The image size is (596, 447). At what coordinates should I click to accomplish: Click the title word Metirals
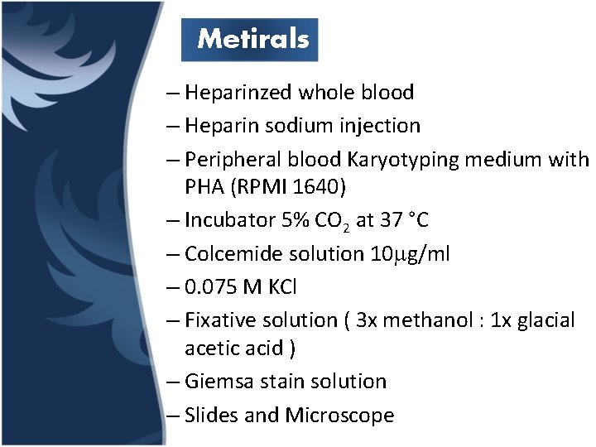[253, 39]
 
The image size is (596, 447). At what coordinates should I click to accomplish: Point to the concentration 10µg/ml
[407, 254]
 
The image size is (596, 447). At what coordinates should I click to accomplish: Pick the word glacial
[546, 320]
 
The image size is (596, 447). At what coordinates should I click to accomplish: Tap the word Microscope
[339, 415]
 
